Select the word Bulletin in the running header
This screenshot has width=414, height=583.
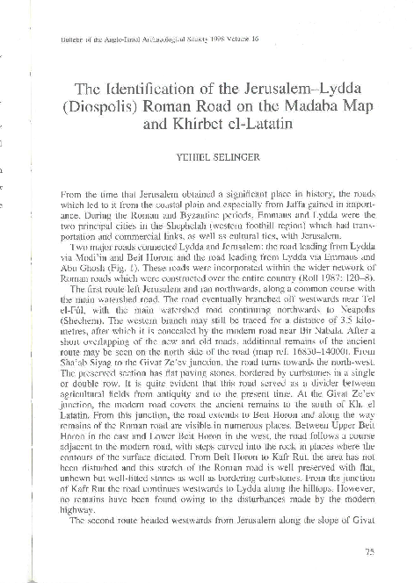coord(68,40)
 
